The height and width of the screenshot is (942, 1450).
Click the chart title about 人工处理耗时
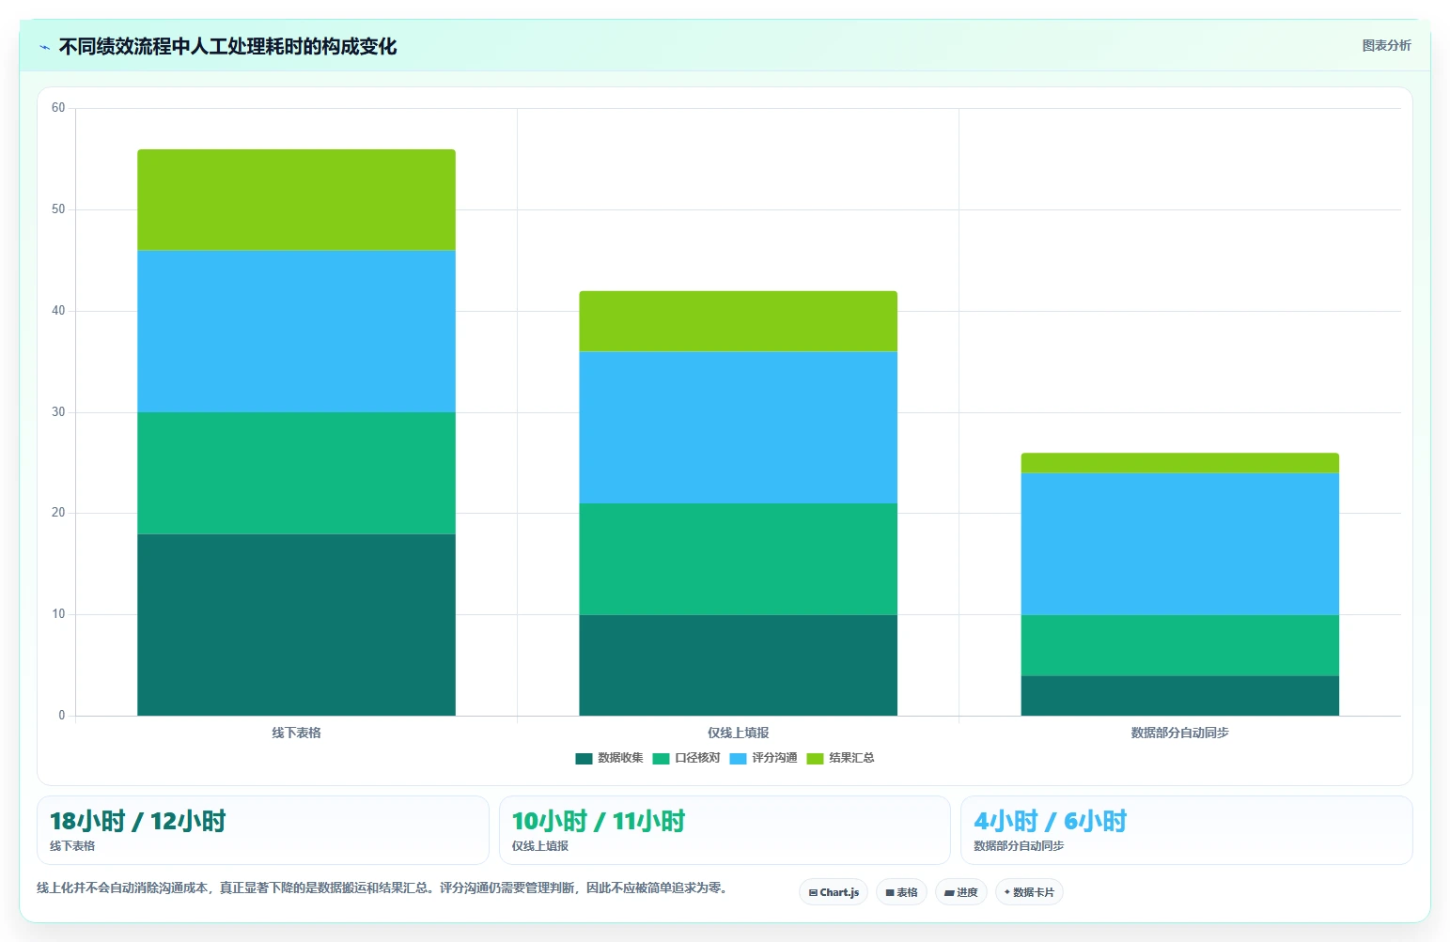pyautogui.click(x=227, y=47)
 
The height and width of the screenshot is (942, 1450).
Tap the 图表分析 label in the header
pyautogui.click(x=1386, y=45)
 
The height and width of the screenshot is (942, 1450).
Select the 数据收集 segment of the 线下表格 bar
pyautogui.click(x=296, y=625)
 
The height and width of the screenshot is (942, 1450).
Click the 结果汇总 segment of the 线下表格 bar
pyautogui.click(x=296, y=200)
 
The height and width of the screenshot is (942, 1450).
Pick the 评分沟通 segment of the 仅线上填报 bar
pyautogui.click(x=738, y=427)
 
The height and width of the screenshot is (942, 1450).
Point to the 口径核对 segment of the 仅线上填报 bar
pyautogui.click(x=738, y=559)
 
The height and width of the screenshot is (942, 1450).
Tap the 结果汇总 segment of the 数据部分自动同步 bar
pyautogui.click(x=1180, y=463)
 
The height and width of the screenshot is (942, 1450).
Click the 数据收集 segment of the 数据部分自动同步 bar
pyautogui.click(x=1180, y=696)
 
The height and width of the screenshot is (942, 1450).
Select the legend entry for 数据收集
pyautogui.click(x=609, y=758)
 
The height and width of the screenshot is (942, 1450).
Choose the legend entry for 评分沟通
pyautogui.click(x=763, y=758)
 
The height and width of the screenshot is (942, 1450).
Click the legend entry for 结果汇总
pyautogui.click(x=840, y=758)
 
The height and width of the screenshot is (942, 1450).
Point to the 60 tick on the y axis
pyautogui.click(x=58, y=107)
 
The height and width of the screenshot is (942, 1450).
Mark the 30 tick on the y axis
pyautogui.click(x=58, y=411)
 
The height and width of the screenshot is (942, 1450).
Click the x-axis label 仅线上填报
pyautogui.click(x=738, y=733)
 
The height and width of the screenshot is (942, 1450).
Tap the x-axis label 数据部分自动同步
pyautogui.click(x=1180, y=733)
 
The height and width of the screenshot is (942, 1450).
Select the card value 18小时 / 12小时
pyautogui.click(x=138, y=821)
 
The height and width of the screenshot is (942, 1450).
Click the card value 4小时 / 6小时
pyautogui.click(x=1050, y=821)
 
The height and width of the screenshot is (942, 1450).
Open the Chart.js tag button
pyautogui.click(x=834, y=892)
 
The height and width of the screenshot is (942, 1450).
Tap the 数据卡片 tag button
pyautogui.click(x=1029, y=892)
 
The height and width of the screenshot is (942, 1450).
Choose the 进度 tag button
pyautogui.click(x=960, y=892)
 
